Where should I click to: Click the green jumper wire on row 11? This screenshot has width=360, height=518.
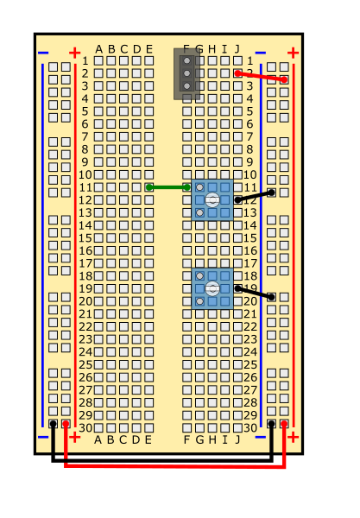(x=168, y=187)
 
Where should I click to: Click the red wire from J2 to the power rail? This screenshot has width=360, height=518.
(x=261, y=76)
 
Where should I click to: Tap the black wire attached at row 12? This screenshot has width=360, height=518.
(x=255, y=196)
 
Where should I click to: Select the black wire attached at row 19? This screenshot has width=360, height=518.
(x=255, y=293)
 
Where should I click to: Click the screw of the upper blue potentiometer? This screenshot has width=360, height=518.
(x=212, y=200)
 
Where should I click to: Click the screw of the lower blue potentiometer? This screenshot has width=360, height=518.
(x=212, y=288)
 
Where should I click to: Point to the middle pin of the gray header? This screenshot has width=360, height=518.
(x=187, y=73)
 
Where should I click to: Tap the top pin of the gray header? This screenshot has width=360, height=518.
(x=187, y=60)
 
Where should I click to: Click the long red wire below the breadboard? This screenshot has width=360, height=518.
(x=175, y=466)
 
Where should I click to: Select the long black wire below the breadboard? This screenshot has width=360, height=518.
(x=161, y=460)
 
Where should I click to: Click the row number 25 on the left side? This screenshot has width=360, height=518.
(x=85, y=364)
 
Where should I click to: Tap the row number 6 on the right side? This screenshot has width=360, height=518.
(x=249, y=123)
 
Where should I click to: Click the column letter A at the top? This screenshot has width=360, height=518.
(x=98, y=49)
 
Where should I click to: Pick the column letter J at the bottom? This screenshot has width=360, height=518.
(x=237, y=439)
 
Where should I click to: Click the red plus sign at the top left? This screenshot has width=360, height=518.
(x=74, y=53)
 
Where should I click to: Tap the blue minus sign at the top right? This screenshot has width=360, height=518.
(x=260, y=53)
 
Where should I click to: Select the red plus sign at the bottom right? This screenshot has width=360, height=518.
(x=293, y=438)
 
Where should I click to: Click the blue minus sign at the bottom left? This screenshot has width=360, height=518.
(x=43, y=438)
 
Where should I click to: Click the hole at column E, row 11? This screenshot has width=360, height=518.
(x=149, y=187)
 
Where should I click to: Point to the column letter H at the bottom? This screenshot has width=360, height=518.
(x=212, y=439)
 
